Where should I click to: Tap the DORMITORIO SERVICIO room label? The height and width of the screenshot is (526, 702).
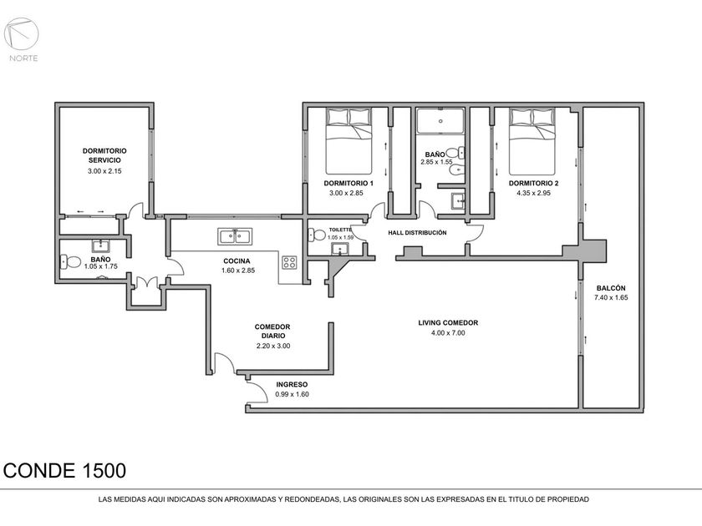pyautogui.click(x=104, y=155)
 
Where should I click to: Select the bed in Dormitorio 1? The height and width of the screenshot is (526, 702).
pyautogui.click(x=348, y=141)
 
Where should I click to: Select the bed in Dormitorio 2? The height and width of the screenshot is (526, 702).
pyautogui.click(x=532, y=141)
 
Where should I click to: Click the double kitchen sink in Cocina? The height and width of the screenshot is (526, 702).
pyautogui.click(x=235, y=236)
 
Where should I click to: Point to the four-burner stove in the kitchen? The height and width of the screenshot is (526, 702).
pyautogui.click(x=289, y=262)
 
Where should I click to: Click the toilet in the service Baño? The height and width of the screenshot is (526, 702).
pyautogui.click(x=70, y=261)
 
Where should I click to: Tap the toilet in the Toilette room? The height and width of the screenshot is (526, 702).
pyautogui.click(x=317, y=235)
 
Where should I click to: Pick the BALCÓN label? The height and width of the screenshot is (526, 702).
pyautogui.click(x=611, y=288)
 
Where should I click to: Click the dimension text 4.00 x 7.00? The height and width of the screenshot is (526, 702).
pyautogui.click(x=448, y=333)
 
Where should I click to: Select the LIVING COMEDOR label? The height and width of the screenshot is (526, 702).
pyautogui.click(x=448, y=322)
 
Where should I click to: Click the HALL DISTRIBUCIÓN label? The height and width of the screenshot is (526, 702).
pyautogui.click(x=417, y=233)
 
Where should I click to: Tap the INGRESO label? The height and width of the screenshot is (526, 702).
pyautogui.click(x=292, y=384)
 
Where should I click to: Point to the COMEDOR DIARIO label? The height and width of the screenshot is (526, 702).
pyautogui.click(x=272, y=331)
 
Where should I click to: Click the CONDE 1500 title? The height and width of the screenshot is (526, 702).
pyautogui.click(x=64, y=471)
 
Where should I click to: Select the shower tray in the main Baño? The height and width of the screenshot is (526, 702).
pyautogui.click(x=440, y=121)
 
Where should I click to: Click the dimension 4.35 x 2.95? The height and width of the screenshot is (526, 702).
pyautogui.click(x=534, y=193)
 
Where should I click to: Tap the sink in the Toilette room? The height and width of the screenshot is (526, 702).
pyautogui.click(x=340, y=249)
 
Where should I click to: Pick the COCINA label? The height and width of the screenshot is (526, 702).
pyautogui.click(x=237, y=260)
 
